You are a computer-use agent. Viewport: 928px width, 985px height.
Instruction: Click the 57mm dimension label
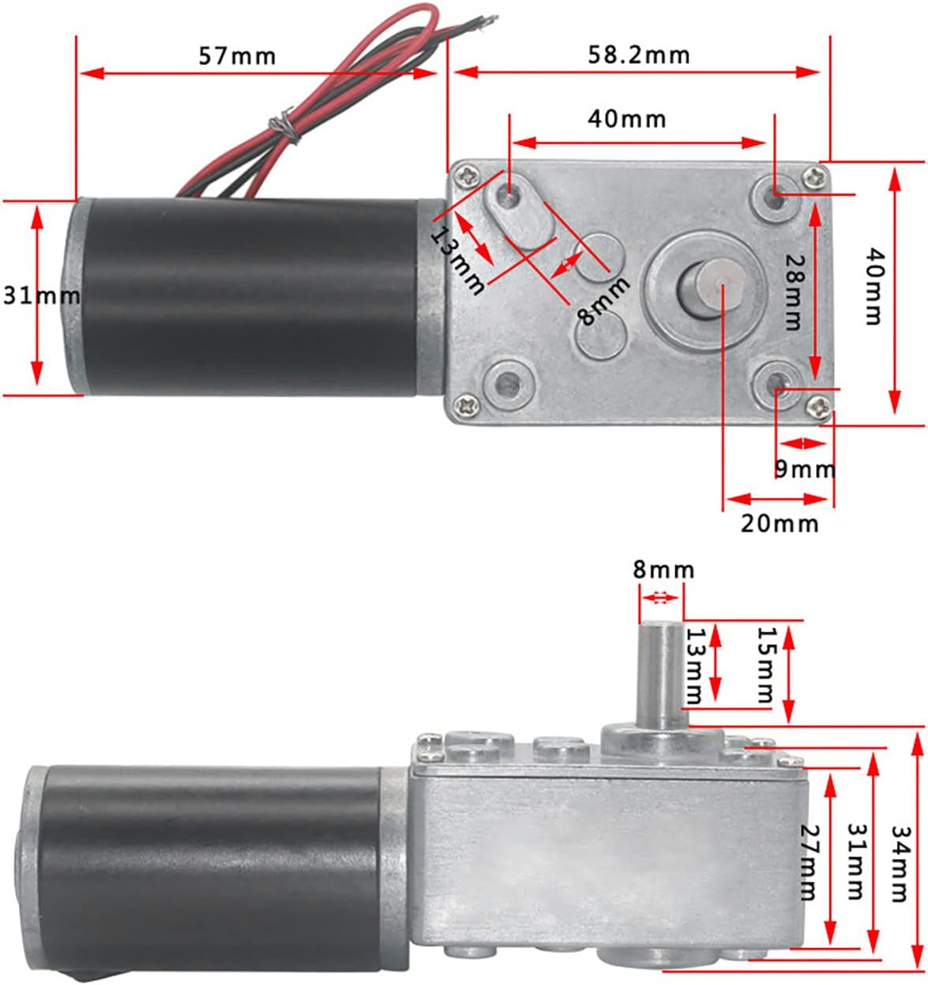(x=237, y=56)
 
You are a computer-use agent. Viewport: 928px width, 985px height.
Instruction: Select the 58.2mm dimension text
(x=639, y=55)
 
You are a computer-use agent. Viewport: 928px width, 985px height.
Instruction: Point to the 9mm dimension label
(x=805, y=469)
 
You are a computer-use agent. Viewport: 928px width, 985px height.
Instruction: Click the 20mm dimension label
(x=780, y=524)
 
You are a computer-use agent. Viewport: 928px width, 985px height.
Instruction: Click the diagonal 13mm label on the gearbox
(x=456, y=260)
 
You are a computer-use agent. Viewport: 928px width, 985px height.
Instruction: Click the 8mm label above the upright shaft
(x=663, y=570)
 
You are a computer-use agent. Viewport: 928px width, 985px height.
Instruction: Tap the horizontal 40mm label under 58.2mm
(x=627, y=119)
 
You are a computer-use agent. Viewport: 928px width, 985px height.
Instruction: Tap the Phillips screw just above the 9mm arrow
(x=818, y=406)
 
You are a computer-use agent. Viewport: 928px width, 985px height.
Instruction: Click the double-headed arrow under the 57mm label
(x=258, y=73)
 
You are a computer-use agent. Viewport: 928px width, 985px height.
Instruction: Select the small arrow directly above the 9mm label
(x=802, y=443)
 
